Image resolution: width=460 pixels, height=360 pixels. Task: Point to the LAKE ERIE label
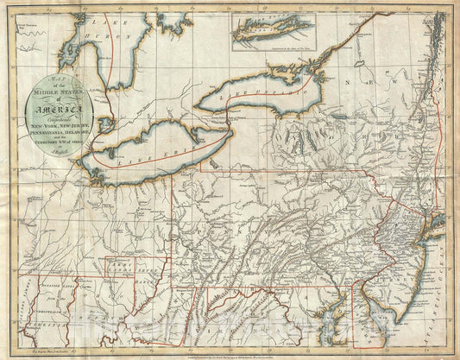(x=155, y=147)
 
